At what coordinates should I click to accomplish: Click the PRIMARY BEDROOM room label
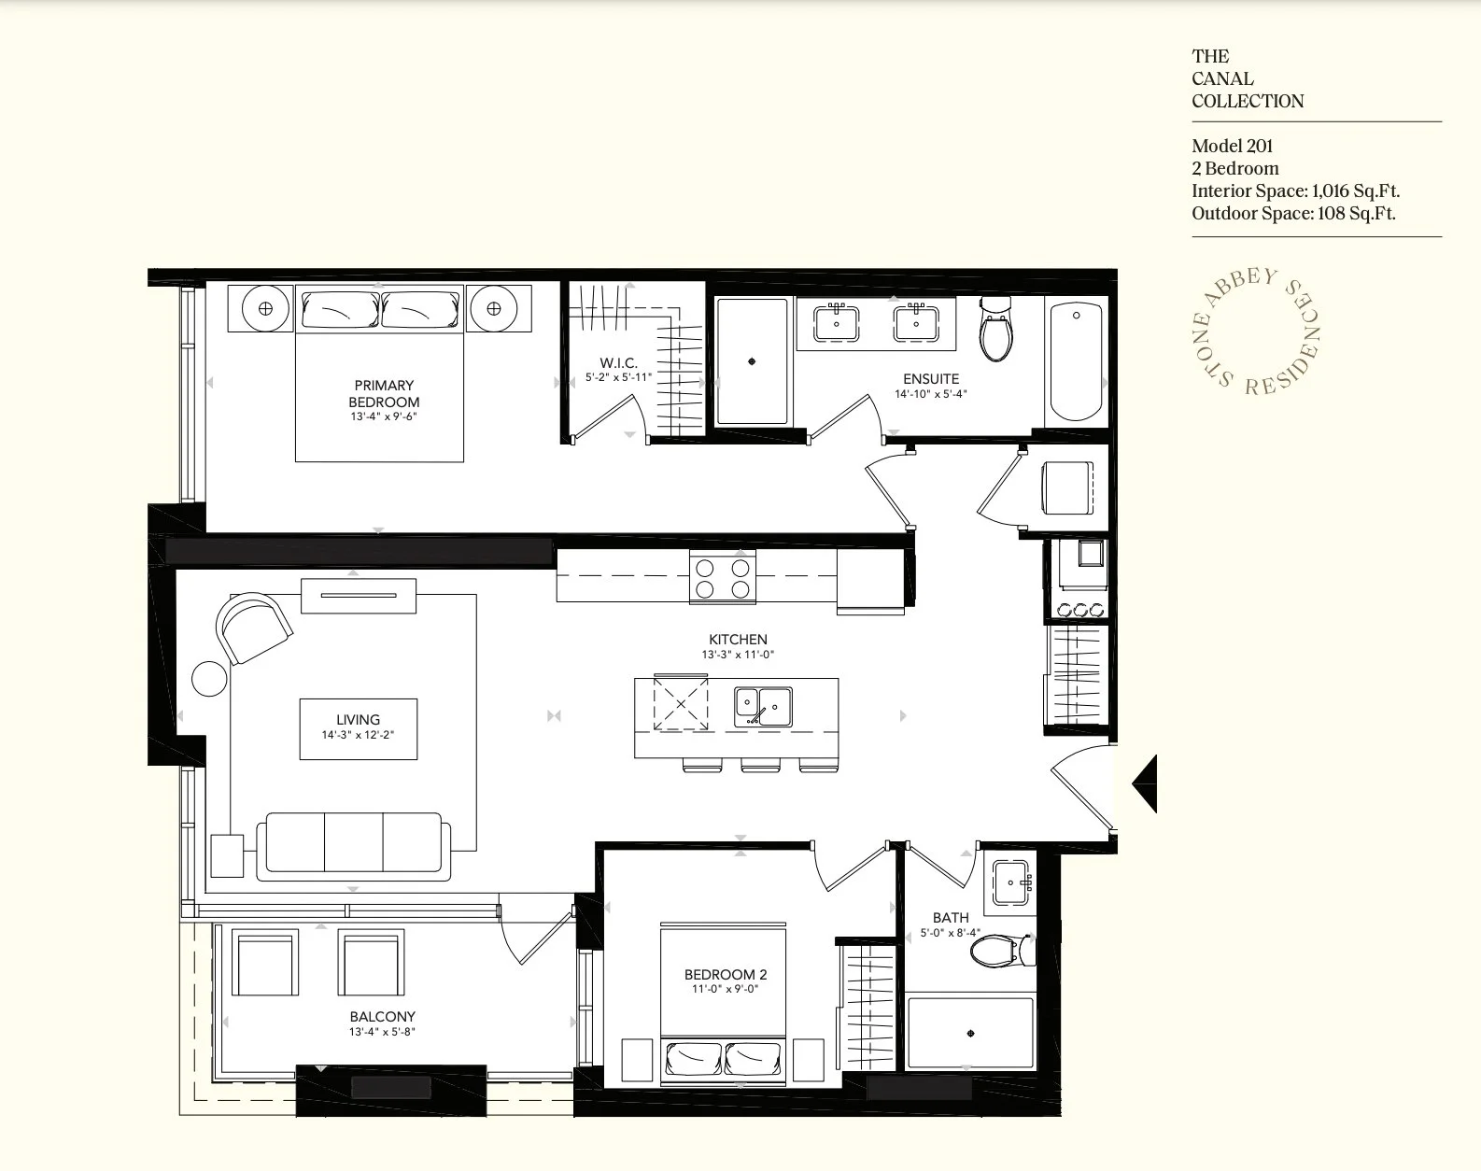click(384, 394)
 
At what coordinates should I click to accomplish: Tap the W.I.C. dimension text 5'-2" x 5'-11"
click(618, 377)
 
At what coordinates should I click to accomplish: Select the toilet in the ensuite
click(995, 329)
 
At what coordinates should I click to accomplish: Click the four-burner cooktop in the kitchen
click(723, 577)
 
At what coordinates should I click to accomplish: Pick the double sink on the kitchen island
click(763, 706)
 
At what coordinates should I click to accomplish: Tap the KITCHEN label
click(738, 640)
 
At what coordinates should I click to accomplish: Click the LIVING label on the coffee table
click(358, 720)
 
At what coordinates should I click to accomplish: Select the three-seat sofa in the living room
click(353, 847)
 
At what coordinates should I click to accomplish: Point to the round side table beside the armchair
click(209, 679)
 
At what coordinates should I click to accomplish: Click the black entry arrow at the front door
click(1145, 783)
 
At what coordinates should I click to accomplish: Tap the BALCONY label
click(382, 1017)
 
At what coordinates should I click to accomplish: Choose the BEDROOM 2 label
click(726, 975)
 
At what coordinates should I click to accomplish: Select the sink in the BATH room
click(1010, 882)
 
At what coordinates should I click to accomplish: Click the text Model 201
click(1232, 146)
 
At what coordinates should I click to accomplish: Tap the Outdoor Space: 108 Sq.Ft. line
click(1294, 214)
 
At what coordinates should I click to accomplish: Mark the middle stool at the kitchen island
click(760, 764)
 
